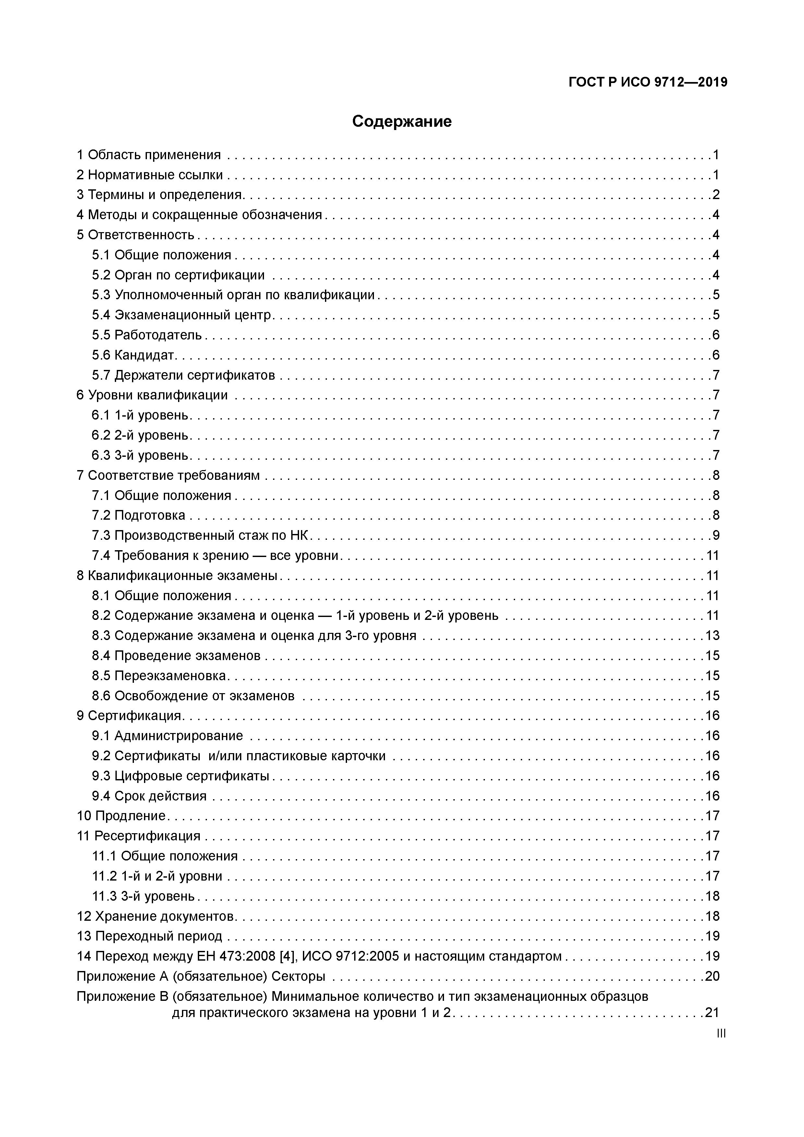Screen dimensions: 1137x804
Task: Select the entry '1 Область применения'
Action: (x=149, y=155)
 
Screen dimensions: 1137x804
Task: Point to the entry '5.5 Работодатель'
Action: (x=147, y=335)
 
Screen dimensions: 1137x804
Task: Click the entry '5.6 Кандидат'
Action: (x=134, y=355)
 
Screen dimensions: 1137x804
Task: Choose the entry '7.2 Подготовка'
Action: (x=139, y=515)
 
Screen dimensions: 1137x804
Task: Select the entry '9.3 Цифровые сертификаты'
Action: (x=180, y=776)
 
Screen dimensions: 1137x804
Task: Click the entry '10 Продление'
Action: (x=121, y=816)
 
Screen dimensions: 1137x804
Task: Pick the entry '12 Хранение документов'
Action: (x=155, y=916)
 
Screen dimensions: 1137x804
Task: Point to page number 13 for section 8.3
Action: (x=712, y=636)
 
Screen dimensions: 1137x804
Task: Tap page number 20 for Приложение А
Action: (x=712, y=977)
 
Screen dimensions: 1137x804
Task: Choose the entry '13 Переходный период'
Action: (x=149, y=936)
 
